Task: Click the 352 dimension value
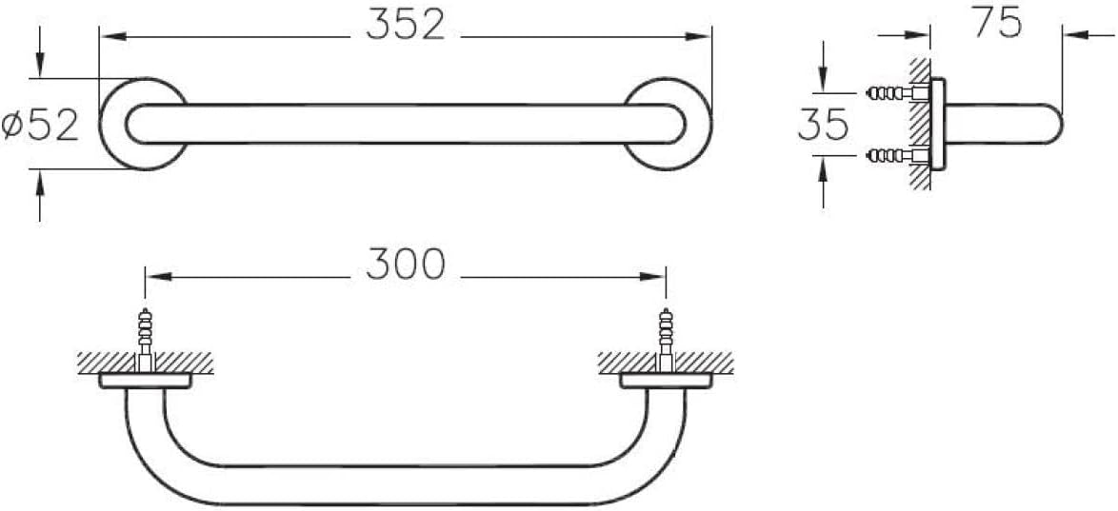pos(405,26)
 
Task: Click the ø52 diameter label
pos(40,126)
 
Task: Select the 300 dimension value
pos(406,265)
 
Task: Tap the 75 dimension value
pos(997,23)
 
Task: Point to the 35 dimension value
pos(823,124)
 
